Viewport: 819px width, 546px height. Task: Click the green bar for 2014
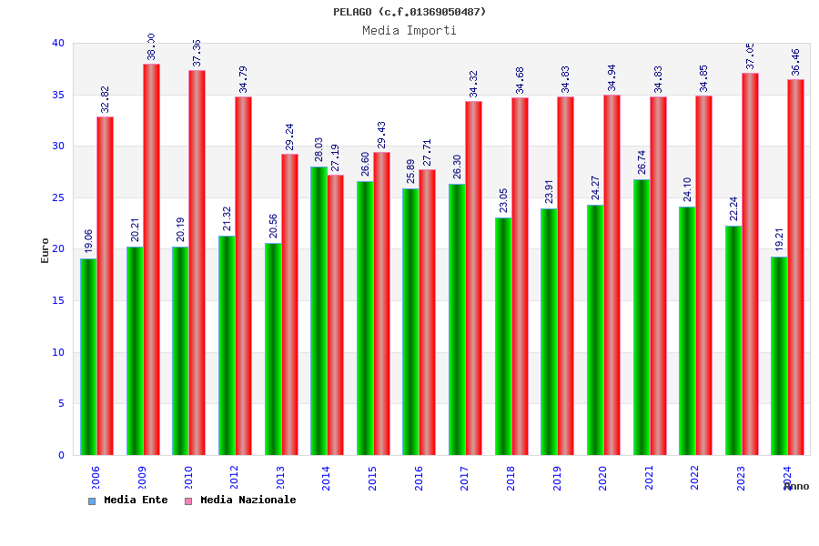[318, 310]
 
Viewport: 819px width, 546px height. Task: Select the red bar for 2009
[151, 259]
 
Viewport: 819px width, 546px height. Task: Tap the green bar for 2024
[779, 356]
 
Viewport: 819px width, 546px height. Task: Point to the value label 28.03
[319, 149]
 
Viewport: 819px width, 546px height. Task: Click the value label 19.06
[89, 241]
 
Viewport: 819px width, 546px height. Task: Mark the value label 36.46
[796, 62]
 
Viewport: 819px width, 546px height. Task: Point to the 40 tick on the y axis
[58, 43]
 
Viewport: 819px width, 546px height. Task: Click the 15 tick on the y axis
[58, 300]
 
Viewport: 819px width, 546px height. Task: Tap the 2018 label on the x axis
[511, 478]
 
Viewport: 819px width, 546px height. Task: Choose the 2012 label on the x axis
[234, 478]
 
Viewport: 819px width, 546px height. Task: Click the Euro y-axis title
[45, 250]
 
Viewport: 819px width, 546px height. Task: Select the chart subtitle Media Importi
[409, 30]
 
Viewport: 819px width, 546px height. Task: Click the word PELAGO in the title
[352, 12]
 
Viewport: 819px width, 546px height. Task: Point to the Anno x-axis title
[796, 487]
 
